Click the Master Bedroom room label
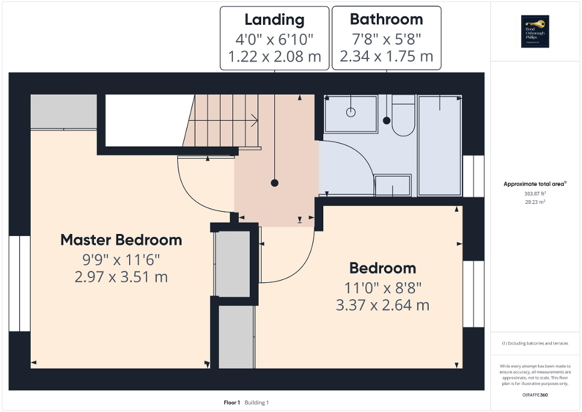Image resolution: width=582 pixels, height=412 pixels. pyautogui.click(x=121, y=240)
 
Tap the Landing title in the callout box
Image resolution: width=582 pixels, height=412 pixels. pyautogui.click(x=274, y=19)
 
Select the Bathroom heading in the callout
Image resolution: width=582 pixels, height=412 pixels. pyautogui.click(x=386, y=19)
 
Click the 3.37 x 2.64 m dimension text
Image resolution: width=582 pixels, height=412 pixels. pyautogui.click(x=382, y=305)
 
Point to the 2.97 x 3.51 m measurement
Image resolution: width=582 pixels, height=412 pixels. pyautogui.click(x=121, y=277)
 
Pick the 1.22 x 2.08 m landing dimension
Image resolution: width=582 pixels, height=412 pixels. pyautogui.click(x=274, y=57)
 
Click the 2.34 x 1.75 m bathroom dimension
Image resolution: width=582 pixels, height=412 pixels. pyautogui.click(x=386, y=57)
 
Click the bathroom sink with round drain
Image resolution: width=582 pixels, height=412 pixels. pyautogui.click(x=351, y=113)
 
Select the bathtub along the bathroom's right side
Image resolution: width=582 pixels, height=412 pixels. pyautogui.click(x=440, y=145)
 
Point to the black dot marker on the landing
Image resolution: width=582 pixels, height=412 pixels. pyautogui.click(x=274, y=182)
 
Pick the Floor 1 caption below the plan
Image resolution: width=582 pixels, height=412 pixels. pyautogui.click(x=232, y=402)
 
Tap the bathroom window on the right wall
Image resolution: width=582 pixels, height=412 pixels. pyautogui.click(x=473, y=176)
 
